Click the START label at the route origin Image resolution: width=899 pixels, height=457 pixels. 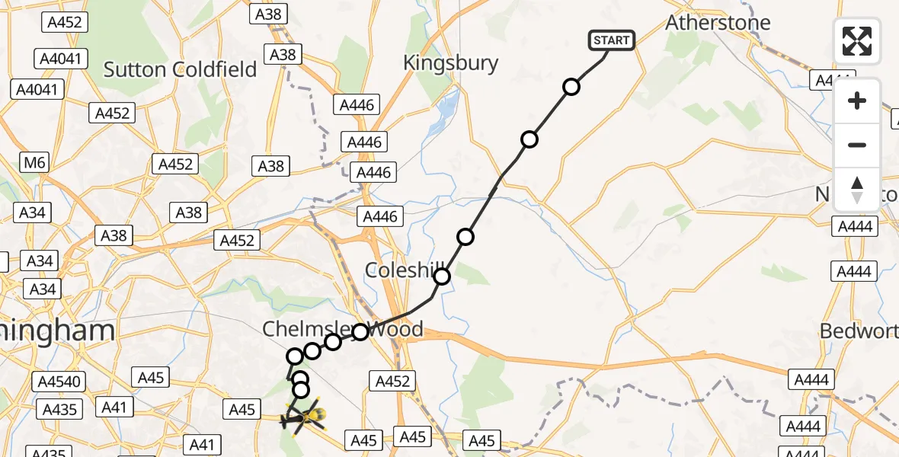click(612, 40)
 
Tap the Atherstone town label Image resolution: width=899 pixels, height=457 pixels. click(718, 23)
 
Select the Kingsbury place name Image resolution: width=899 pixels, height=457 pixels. click(450, 63)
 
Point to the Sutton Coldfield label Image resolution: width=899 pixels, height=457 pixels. click(180, 70)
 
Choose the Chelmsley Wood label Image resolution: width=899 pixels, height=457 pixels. click(342, 329)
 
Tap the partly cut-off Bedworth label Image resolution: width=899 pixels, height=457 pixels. click(859, 331)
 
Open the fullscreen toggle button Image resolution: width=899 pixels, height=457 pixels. click(857, 41)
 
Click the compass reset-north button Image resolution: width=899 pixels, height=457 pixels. click(857, 190)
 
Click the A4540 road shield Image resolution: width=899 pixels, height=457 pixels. click(56, 379)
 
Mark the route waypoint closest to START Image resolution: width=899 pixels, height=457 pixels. click(571, 87)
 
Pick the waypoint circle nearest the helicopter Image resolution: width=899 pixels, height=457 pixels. click(301, 390)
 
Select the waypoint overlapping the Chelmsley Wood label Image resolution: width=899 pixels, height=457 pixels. click(360, 331)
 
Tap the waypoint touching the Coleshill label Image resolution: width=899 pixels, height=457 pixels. click(442, 276)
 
